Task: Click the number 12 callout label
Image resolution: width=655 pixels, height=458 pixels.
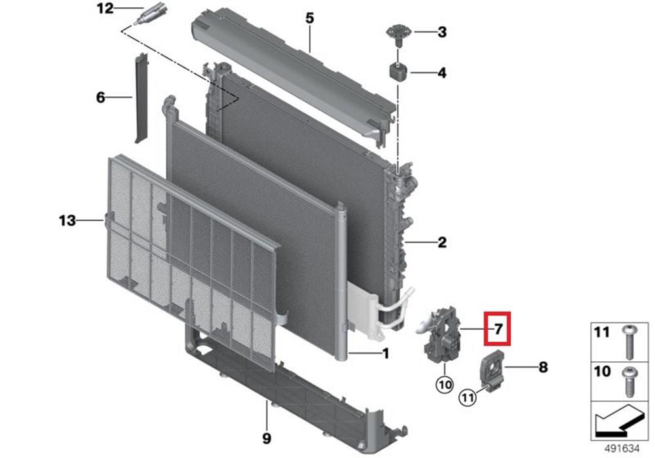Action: [105, 9]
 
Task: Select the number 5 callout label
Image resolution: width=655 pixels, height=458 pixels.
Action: [310, 18]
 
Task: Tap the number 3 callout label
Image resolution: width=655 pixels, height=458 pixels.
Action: [442, 32]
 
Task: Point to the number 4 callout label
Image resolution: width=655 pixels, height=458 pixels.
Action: [442, 73]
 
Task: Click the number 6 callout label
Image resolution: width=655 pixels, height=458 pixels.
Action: [100, 97]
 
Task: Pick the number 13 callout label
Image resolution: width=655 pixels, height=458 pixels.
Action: [67, 220]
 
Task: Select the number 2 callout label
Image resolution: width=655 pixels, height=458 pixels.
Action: [442, 242]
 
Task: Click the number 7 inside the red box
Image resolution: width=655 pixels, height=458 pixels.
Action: [498, 329]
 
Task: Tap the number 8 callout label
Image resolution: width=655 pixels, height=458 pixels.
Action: [543, 367]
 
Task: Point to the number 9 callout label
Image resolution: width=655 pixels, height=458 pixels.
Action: [267, 438]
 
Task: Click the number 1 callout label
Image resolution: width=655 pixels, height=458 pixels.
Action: [386, 354]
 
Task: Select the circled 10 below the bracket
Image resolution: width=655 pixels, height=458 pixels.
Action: [445, 384]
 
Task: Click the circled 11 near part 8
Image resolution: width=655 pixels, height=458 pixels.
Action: [468, 398]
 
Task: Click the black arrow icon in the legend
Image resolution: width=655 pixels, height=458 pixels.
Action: [619, 422]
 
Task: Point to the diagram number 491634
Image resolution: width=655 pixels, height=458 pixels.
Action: [622, 448]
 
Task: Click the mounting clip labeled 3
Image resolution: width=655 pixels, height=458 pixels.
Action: [398, 34]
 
